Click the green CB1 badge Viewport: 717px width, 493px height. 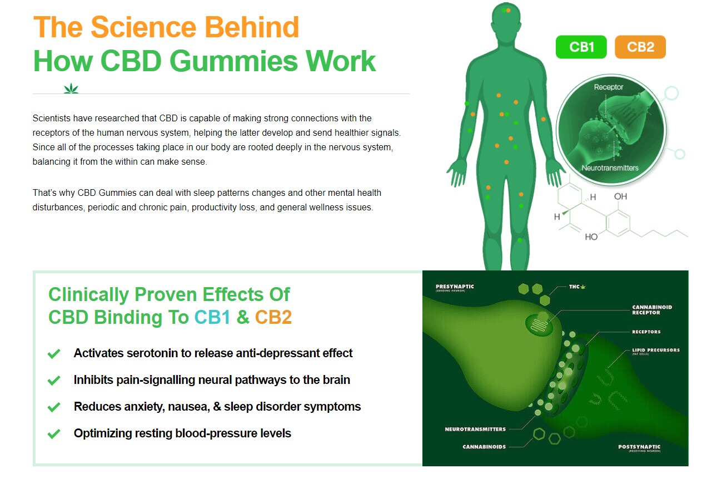(581, 47)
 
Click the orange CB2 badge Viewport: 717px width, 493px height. (640, 47)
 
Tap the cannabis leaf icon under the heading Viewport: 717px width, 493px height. (71, 88)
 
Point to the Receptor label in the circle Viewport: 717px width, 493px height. (609, 87)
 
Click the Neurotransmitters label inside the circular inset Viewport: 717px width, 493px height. (610, 167)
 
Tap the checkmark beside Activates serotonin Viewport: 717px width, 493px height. (54, 354)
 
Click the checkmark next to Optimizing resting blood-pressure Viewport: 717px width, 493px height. (54, 433)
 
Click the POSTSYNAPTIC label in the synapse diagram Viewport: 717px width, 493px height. (639, 447)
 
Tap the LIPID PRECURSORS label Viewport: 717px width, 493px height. (655, 351)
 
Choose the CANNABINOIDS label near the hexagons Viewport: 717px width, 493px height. (484, 447)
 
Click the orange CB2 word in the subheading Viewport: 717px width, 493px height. (273, 317)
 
